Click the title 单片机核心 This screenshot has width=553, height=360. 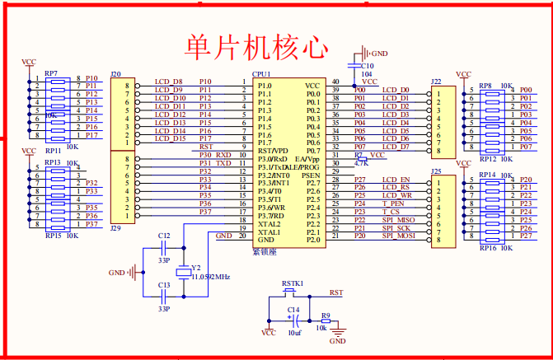coord(256,46)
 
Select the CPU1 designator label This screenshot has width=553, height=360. coord(261,74)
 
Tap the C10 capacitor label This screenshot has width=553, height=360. coord(367,65)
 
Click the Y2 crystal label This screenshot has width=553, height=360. coord(196,268)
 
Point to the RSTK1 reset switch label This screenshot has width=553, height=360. coord(293,283)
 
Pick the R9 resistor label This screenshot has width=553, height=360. coord(326,316)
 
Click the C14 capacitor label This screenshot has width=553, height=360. coord(293,310)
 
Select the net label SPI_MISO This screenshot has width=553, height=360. coord(398,219)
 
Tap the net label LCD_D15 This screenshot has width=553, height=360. coord(169,138)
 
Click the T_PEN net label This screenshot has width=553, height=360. coord(393,203)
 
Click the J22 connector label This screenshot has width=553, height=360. coord(436,81)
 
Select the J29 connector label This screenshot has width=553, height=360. coord(116,227)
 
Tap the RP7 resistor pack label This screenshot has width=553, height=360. coord(51,73)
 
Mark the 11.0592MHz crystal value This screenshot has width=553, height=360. coord(210,277)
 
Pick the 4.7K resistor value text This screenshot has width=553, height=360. coord(361,163)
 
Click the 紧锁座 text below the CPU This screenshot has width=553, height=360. coord(264,250)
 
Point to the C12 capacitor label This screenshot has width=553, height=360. coord(164,236)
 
